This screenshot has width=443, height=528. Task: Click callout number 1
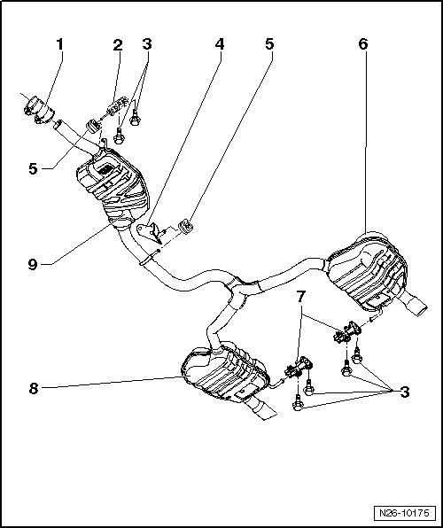tap(59, 44)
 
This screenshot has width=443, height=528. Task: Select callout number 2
tap(118, 44)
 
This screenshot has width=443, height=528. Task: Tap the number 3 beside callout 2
tap(147, 44)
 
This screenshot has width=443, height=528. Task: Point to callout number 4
tap(220, 44)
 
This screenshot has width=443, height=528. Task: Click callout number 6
tap(363, 44)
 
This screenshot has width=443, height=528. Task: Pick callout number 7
tap(300, 297)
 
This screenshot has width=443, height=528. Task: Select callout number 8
tap(34, 389)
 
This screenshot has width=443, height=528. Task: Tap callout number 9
tap(33, 264)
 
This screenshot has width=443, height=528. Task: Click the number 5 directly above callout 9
tap(33, 168)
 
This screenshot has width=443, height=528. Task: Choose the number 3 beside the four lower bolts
tap(405, 392)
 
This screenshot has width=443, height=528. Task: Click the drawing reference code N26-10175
tap(404, 513)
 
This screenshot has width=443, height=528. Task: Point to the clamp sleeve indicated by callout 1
tap(39, 110)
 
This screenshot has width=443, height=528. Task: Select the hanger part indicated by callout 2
tap(117, 105)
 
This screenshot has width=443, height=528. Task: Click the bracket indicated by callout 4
tap(151, 232)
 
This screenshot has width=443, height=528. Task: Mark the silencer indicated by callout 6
tap(367, 271)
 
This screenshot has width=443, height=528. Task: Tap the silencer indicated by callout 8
tap(225, 372)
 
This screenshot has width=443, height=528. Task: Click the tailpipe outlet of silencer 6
tap(416, 305)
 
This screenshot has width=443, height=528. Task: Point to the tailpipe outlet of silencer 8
tap(263, 409)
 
